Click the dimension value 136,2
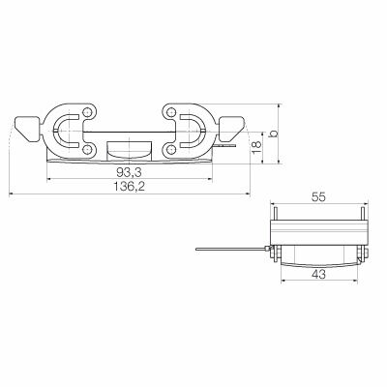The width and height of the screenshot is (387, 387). (x=128, y=188)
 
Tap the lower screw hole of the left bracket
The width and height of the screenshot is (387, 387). (x=88, y=148)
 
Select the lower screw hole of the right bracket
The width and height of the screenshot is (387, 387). (x=169, y=148)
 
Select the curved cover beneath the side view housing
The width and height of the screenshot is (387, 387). (x=319, y=256)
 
